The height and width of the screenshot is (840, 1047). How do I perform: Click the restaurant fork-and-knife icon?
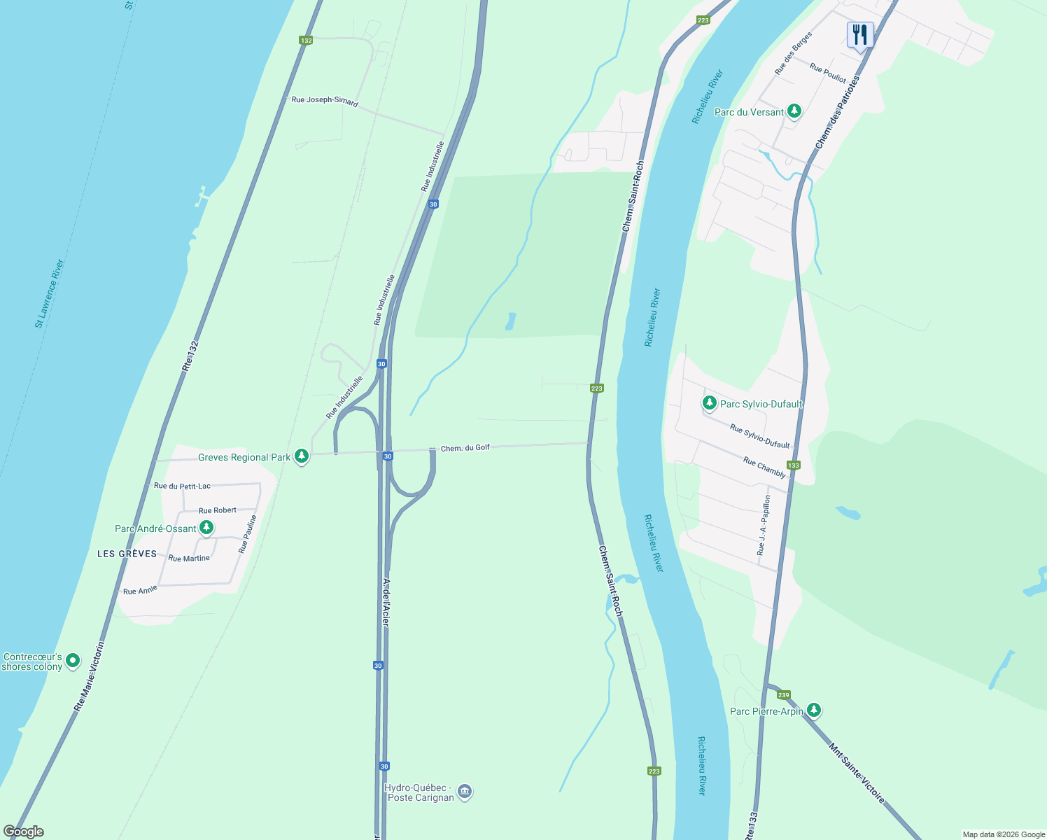coord(859,34)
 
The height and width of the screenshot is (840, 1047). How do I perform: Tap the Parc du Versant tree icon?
coord(794,111)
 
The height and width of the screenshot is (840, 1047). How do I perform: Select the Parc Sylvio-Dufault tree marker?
coord(710,403)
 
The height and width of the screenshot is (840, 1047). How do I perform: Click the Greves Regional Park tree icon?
coord(302,456)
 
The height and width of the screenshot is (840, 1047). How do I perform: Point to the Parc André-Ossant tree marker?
coord(206,528)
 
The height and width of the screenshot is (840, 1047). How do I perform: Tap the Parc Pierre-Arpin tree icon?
coord(813,710)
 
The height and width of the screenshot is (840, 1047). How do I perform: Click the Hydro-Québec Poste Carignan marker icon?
coord(465,792)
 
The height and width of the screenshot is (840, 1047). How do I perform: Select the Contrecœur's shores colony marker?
coord(73,661)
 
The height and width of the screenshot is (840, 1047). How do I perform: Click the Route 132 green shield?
coord(306,41)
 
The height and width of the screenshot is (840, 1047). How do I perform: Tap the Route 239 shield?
coord(784,695)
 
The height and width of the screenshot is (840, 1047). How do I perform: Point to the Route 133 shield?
coord(793,465)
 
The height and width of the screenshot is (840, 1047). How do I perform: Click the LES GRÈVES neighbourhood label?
coord(127,554)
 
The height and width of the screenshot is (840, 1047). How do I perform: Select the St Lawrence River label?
coord(50,293)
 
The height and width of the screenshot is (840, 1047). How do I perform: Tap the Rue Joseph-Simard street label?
coord(325,101)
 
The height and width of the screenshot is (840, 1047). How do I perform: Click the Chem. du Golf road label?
coord(465,448)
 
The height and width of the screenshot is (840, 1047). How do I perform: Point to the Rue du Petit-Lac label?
coord(182,486)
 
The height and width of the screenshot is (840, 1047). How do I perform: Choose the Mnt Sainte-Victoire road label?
coord(857,773)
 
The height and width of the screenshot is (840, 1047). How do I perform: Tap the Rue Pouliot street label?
coord(828,73)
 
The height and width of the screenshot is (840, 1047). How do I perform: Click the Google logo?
coord(24,832)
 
